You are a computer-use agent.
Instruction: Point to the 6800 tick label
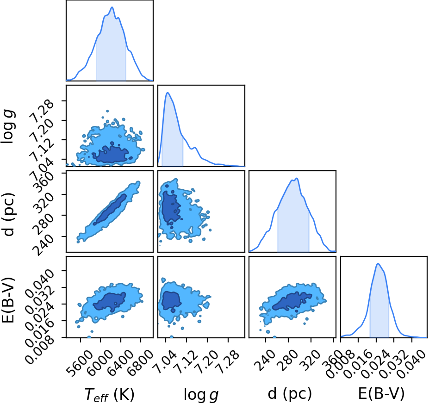142,360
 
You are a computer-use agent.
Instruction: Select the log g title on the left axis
8,126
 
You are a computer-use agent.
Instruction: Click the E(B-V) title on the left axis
8,300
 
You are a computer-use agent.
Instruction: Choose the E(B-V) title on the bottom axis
381,394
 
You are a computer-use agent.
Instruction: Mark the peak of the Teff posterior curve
112,7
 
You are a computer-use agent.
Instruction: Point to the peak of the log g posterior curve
168,93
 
